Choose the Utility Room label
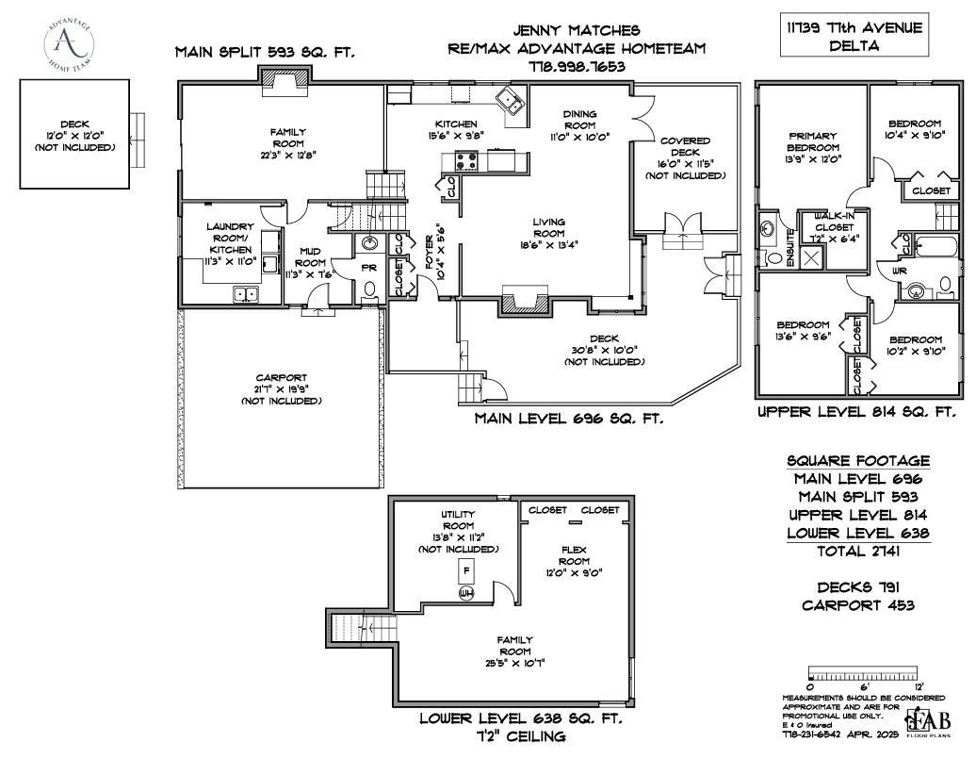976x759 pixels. [458, 520]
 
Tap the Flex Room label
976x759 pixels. [573, 555]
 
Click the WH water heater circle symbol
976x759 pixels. [464, 594]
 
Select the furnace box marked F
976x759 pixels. [464, 570]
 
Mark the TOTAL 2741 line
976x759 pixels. [856, 551]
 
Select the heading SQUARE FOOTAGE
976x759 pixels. [857, 461]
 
